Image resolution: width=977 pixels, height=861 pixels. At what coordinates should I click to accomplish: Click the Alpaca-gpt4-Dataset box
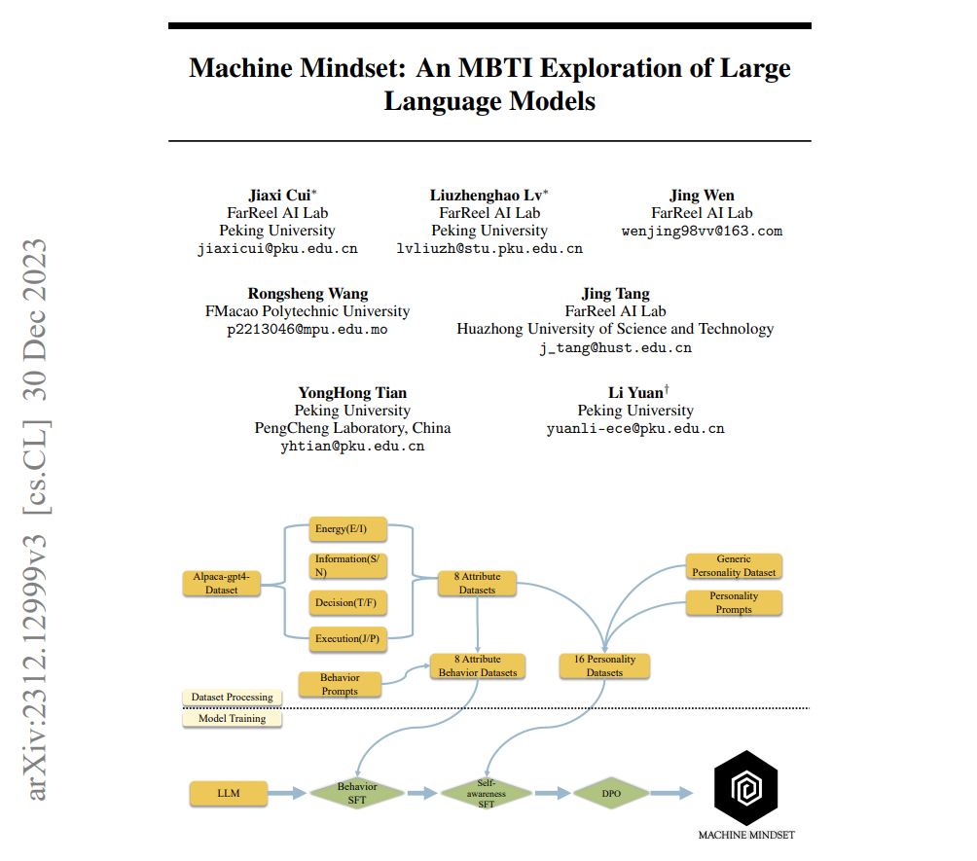tap(222, 583)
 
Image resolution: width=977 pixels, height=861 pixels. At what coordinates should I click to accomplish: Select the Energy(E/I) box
tap(347, 529)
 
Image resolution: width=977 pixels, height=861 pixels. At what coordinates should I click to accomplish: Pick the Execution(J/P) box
tap(347, 638)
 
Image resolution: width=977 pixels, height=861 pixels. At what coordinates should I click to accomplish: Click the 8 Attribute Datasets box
tap(477, 583)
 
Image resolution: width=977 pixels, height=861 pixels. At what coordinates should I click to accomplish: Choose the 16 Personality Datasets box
tap(604, 665)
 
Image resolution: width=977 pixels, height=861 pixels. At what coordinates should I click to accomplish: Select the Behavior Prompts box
tap(340, 684)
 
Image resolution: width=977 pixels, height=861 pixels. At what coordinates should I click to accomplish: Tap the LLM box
tap(228, 794)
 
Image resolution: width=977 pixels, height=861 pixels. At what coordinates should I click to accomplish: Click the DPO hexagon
tap(610, 794)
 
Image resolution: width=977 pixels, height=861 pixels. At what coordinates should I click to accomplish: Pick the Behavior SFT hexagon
tap(357, 793)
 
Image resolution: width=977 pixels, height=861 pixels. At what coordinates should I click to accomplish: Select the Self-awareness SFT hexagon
tap(486, 793)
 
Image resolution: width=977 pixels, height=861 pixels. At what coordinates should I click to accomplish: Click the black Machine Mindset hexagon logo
tap(745, 788)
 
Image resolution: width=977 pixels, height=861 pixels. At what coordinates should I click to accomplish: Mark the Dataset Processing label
tap(232, 698)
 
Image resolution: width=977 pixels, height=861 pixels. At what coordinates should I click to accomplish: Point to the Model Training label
tap(232, 718)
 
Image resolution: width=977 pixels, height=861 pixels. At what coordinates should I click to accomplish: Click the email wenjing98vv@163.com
tap(702, 232)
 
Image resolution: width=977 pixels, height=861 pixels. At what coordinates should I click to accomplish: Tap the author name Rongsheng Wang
tap(308, 294)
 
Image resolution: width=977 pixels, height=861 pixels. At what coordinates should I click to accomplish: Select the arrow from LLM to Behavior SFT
tap(287, 794)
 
